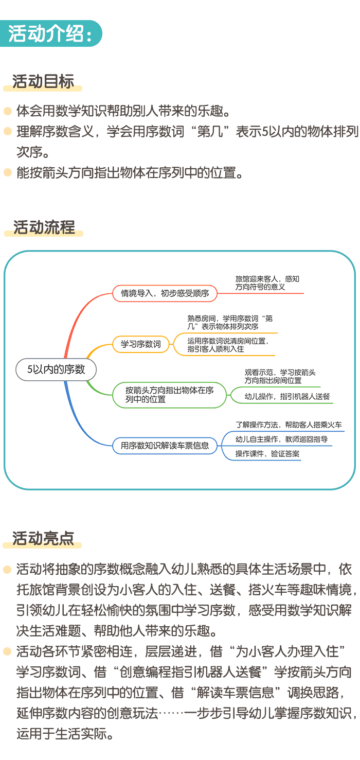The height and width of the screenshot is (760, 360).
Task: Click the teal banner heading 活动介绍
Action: pos(50,33)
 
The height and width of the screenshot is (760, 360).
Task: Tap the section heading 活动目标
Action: pos(43,81)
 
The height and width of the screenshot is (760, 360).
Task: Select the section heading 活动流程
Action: pos(44,227)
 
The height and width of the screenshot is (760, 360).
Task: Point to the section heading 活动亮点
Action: pos(43,538)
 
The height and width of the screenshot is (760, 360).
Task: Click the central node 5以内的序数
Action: pos(56,369)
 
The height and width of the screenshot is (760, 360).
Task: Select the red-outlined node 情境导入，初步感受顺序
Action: pos(165,294)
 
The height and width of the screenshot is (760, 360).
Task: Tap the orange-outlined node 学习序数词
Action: pos(141,344)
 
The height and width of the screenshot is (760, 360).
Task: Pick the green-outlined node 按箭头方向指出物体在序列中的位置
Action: pos(169,395)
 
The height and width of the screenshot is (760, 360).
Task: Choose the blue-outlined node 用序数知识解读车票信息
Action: pos(165,446)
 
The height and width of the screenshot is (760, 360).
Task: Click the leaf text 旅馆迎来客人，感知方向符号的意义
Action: pos(267,283)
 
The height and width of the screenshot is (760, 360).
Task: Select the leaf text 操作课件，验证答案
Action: pos(267,453)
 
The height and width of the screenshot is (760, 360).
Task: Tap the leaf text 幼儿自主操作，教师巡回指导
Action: pos(281,439)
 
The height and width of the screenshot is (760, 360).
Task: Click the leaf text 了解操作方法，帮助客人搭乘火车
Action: pos(289,425)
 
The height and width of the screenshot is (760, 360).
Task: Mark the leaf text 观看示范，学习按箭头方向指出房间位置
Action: pos(280,376)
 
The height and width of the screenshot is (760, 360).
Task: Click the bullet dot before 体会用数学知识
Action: pos(8,111)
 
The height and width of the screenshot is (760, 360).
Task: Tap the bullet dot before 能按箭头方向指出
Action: pos(8,172)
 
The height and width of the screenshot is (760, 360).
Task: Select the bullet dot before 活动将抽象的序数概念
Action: pos(8,570)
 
